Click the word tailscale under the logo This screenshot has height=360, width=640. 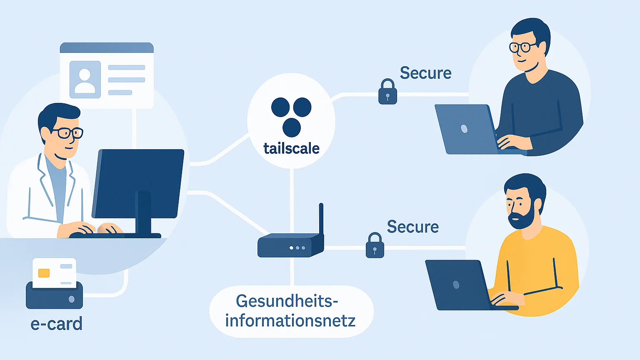(291, 148)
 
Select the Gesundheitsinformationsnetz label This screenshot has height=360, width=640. (290, 311)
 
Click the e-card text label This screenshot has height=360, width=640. (56, 324)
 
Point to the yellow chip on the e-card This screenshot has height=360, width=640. (44, 273)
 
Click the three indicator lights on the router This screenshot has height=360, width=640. (297, 248)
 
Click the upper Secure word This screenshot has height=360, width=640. (425, 73)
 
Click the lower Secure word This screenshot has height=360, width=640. (412, 227)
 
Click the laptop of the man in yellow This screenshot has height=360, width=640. (456, 285)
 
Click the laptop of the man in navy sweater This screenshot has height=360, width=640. (465, 129)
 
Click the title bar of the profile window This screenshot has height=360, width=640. (107, 47)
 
